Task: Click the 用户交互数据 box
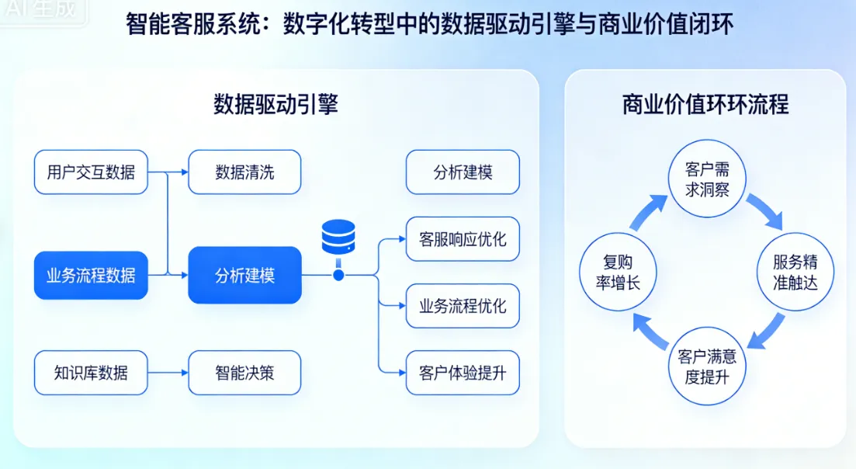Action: (x=91, y=172)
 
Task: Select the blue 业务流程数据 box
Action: (x=91, y=275)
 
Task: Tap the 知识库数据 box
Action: (x=91, y=373)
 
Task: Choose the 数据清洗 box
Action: (x=244, y=172)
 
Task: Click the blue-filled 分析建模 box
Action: (x=244, y=275)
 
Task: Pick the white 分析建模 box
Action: (x=463, y=172)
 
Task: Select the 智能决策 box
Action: (x=244, y=373)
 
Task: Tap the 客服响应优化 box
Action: (x=463, y=238)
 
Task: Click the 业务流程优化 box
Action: (x=463, y=305)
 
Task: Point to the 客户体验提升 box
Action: (x=463, y=373)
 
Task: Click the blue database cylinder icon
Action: (x=338, y=236)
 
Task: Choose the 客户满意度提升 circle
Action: (x=707, y=367)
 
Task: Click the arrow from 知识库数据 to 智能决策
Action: (x=168, y=373)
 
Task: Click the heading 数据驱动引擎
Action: (x=276, y=104)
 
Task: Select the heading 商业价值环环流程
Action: (x=705, y=104)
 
